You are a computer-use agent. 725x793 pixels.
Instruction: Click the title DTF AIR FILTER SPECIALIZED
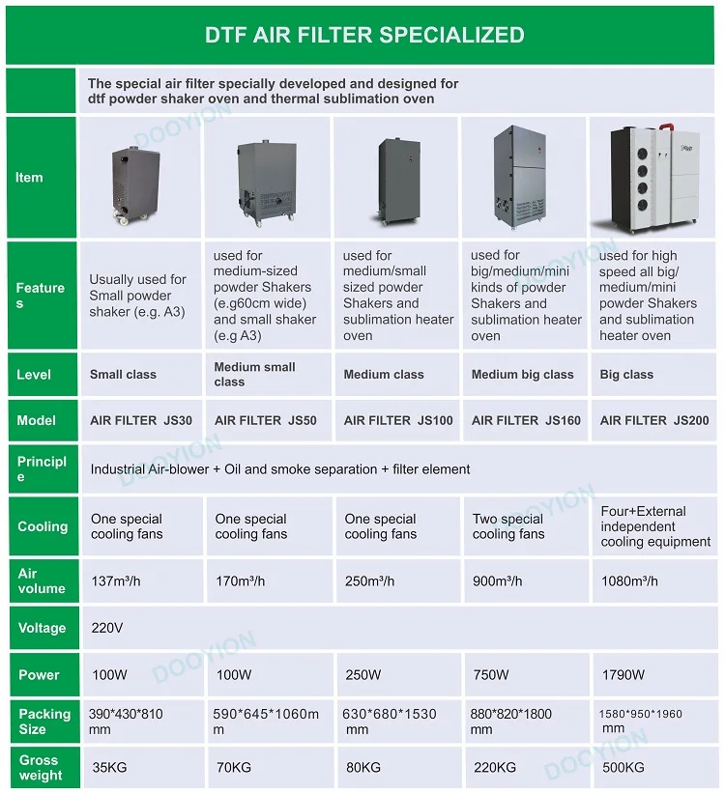tap(364, 36)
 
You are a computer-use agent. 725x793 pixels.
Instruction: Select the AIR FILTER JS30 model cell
tap(141, 420)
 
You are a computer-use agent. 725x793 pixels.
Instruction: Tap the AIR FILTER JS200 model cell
tap(653, 420)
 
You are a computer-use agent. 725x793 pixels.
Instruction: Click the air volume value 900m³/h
tap(497, 581)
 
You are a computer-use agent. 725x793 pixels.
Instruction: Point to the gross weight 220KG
tap(493, 768)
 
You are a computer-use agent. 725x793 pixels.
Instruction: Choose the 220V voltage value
tap(106, 628)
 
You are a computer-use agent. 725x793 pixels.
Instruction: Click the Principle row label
tap(42, 468)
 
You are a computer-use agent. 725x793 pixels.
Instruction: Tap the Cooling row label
tap(43, 526)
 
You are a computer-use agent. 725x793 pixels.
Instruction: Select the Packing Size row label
tap(44, 722)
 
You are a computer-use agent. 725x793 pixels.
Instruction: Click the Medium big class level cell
tap(522, 375)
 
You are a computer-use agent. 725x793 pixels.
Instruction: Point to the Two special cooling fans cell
tap(508, 526)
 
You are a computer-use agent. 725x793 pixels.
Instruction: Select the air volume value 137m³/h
tap(116, 581)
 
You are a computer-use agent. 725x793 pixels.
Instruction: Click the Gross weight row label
tap(40, 768)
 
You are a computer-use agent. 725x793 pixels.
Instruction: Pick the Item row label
tap(29, 178)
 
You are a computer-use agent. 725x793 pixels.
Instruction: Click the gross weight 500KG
tap(623, 768)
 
